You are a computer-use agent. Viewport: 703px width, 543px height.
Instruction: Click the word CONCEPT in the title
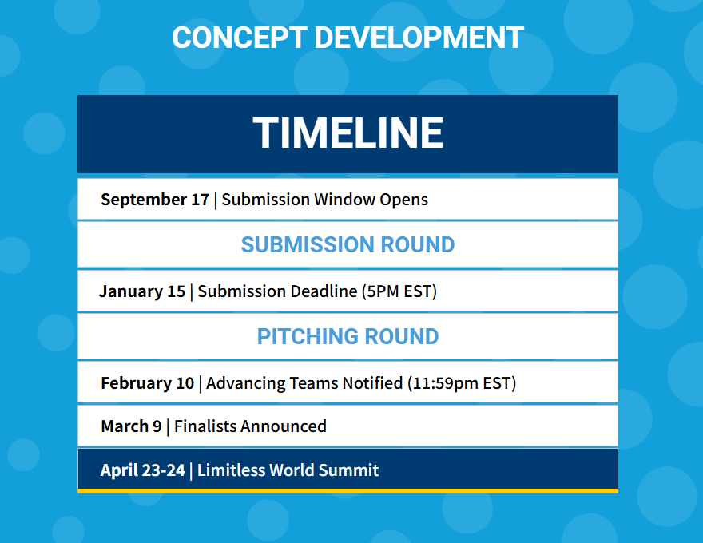point(240,38)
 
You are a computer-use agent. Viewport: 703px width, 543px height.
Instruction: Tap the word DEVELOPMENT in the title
point(419,38)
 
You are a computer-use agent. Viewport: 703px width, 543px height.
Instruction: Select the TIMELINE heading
point(348,133)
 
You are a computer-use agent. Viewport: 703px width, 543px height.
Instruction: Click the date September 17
point(155,200)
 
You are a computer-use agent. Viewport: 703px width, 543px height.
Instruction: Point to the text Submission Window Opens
point(324,200)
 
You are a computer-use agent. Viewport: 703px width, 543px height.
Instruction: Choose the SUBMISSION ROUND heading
point(348,244)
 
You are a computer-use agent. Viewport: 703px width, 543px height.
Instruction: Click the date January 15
point(142,291)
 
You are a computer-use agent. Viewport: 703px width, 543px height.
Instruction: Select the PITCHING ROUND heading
point(348,336)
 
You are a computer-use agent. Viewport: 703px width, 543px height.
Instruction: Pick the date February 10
point(148,383)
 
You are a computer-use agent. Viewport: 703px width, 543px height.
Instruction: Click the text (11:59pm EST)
point(462,383)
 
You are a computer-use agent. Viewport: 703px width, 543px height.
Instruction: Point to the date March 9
point(131,426)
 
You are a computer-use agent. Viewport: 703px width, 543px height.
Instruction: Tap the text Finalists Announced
point(250,426)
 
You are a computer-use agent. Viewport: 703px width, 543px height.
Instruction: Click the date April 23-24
point(142,470)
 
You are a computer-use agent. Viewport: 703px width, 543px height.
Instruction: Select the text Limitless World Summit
point(288,470)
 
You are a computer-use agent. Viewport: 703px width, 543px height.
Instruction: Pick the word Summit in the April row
point(348,470)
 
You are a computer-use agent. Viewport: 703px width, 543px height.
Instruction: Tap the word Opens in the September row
point(404,200)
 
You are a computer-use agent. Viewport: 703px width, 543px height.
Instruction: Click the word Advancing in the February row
point(246,384)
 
